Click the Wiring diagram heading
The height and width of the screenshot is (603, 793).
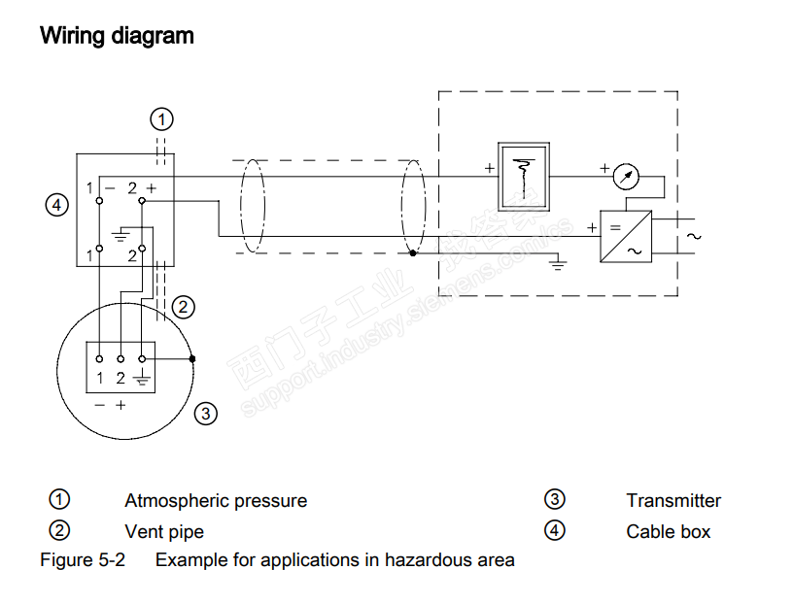point(117,36)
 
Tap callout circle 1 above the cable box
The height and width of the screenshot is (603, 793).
point(162,119)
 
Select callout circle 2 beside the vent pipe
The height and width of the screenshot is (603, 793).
point(183,307)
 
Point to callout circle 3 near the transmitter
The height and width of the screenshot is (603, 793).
point(206,414)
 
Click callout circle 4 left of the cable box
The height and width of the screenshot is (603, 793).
point(57,205)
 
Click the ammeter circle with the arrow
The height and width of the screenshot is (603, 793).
point(626,177)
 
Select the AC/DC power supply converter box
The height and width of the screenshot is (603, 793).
point(626,237)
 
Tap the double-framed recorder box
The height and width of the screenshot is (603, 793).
point(524,177)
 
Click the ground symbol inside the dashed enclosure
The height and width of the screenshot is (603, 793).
point(559,263)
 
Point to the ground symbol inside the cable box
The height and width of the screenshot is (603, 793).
point(121,235)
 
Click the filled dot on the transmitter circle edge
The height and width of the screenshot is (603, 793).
point(192,359)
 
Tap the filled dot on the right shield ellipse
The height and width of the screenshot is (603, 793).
point(413,253)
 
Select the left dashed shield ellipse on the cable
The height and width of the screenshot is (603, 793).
point(253,206)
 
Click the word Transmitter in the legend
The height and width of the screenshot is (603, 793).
point(673,500)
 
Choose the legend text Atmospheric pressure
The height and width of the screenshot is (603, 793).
point(216,500)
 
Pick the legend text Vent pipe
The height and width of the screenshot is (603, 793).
point(164,532)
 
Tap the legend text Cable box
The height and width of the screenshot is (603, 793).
point(668,532)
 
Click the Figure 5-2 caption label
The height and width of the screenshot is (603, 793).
point(83,560)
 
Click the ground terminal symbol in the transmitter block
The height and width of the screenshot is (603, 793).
point(142,378)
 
